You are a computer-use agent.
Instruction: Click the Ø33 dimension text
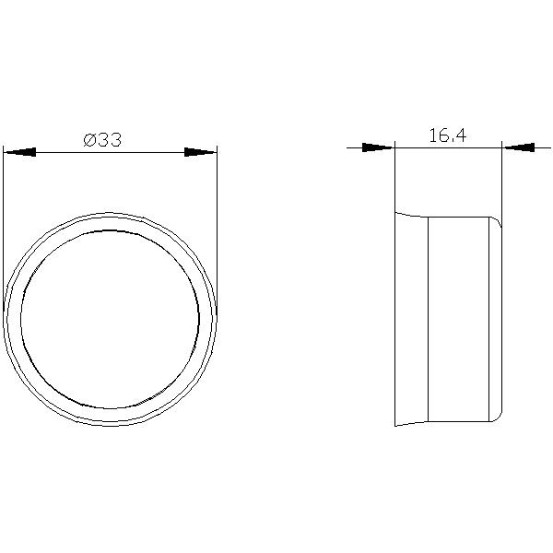point(102,140)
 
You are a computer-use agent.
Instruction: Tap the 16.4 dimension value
point(448,135)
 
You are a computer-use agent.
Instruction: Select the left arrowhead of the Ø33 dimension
point(19,152)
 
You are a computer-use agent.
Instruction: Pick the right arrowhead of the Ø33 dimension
point(200,152)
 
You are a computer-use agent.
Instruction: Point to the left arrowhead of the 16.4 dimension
point(378,147)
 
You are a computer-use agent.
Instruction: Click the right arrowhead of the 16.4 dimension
point(518,147)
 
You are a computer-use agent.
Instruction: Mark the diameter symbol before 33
point(89,140)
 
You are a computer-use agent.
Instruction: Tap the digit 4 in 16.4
point(461,135)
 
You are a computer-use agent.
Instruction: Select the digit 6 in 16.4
point(441,135)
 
